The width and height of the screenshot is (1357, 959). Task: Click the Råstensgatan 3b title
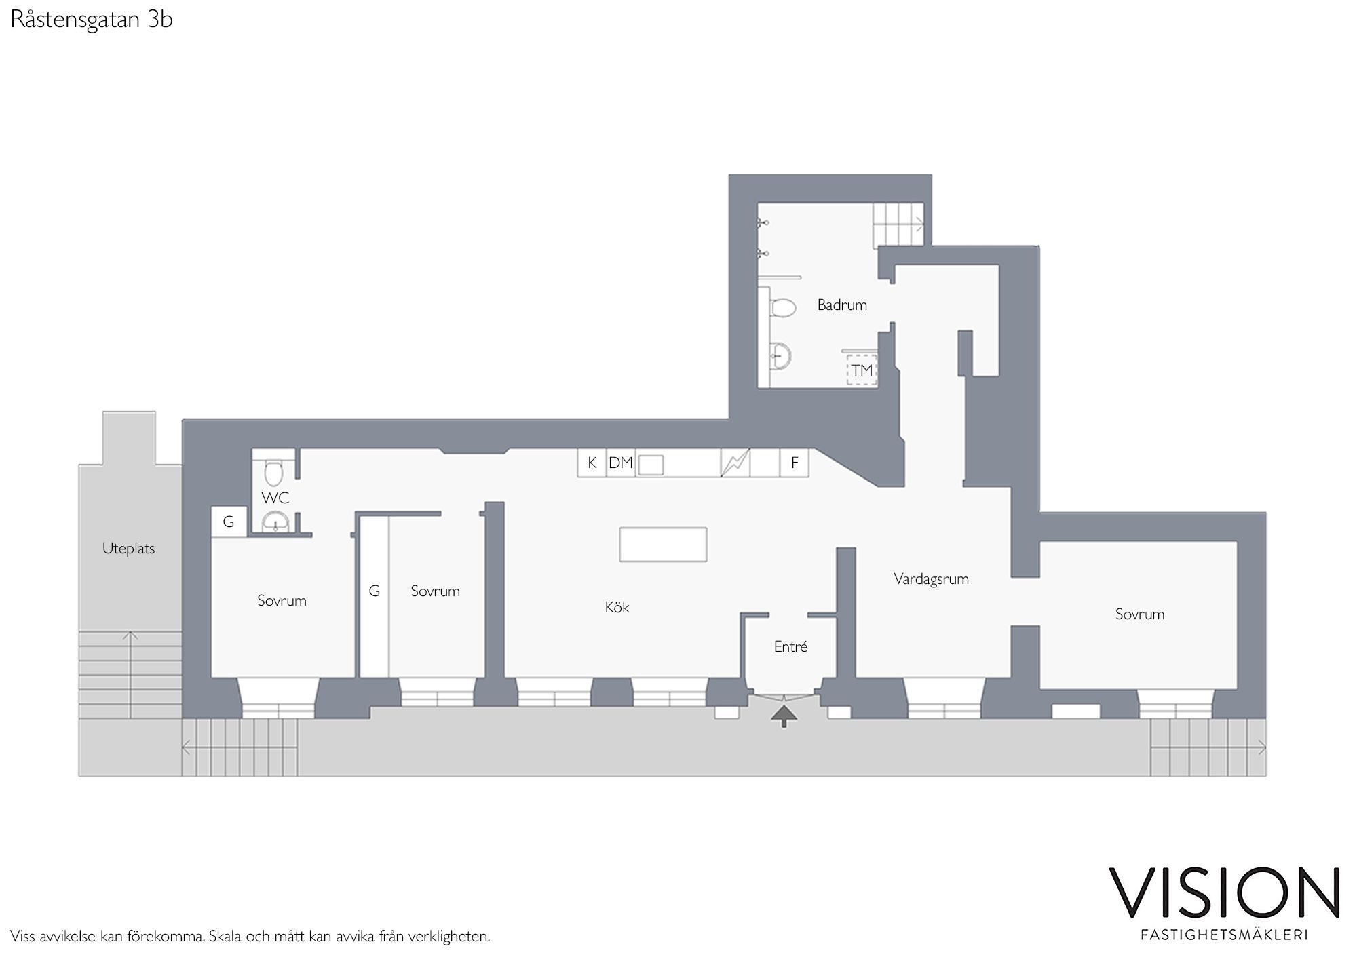click(x=92, y=20)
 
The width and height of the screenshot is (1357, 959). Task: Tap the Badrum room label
click(x=842, y=305)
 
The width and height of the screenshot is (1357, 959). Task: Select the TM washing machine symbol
click(x=862, y=370)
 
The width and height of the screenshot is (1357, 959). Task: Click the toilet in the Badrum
click(x=782, y=307)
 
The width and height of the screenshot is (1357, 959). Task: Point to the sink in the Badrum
click(x=780, y=355)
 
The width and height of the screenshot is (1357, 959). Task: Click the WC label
click(x=275, y=498)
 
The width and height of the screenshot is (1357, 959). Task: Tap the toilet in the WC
click(x=273, y=473)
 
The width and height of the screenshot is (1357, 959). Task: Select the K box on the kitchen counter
click(x=592, y=463)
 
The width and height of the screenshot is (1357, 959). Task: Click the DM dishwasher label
click(x=620, y=463)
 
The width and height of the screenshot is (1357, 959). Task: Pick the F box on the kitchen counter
click(x=795, y=463)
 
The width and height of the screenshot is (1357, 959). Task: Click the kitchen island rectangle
click(x=663, y=544)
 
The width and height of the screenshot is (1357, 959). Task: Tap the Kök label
click(x=617, y=607)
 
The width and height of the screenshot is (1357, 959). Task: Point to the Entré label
click(x=790, y=647)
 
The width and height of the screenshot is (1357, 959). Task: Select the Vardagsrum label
click(x=931, y=579)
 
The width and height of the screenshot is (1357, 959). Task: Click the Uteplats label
click(x=128, y=549)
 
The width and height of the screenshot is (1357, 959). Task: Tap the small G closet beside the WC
click(x=229, y=522)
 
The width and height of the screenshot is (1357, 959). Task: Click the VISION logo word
click(x=1224, y=892)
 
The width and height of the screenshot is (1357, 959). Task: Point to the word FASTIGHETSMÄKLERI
click(x=1224, y=935)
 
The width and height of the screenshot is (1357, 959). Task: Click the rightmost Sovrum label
click(x=1139, y=614)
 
